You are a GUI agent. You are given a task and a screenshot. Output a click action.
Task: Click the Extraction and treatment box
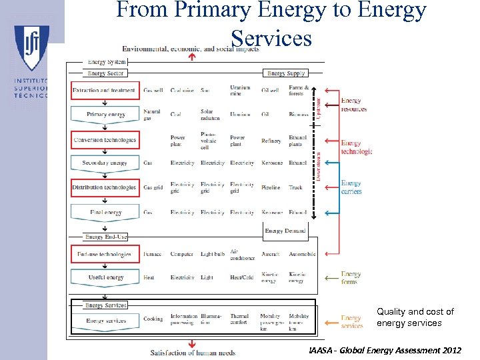(x=105, y=90)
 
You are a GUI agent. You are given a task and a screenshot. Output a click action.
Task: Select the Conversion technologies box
(x=105, y=140)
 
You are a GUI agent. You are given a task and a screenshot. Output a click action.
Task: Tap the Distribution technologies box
(x=105, y=187)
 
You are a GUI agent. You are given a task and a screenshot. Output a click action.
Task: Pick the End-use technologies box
(x=105, y=254)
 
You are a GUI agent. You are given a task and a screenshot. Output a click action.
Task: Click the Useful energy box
(x=105, y=277)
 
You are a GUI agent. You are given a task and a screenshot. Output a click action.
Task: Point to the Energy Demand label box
(x=285, y=231)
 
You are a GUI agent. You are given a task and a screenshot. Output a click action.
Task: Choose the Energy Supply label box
(x=285, y=73)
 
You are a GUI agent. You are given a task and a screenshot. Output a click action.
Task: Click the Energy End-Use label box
(x=106, y=237)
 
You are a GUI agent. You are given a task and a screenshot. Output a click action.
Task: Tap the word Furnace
(x=153, y=254)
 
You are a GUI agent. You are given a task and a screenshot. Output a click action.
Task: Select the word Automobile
(x=302, y=254)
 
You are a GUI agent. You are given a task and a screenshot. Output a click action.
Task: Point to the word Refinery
(x=271, y=141)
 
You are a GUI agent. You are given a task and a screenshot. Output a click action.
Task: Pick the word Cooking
(x=153, y=319)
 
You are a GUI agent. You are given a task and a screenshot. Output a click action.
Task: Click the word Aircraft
(x=271, y=254)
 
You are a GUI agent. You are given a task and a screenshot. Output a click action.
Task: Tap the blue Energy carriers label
(x=351, y=187)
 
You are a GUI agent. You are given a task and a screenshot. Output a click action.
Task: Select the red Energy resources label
(x=354, y=105)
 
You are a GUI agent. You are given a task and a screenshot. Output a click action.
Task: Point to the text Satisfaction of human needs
(x=193, y=352)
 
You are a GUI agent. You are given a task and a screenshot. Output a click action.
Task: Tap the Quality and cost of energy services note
(x=415, y=317)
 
